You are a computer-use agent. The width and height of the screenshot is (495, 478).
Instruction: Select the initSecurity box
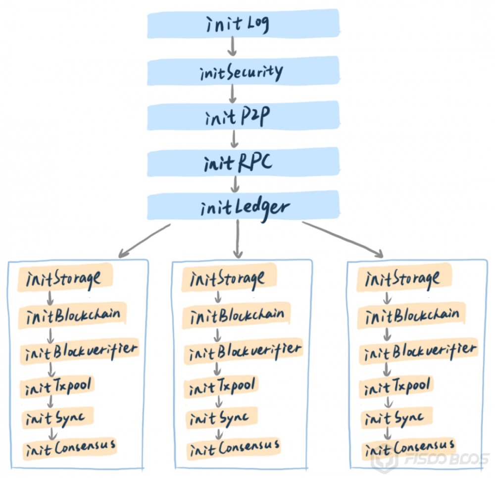tap(243, 72)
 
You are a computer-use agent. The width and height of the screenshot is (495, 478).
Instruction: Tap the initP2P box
tap(243, 117)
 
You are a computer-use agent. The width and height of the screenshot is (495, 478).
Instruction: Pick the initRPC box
tap(243, 161)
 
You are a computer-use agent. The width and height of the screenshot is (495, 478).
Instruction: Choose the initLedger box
tap(243, 206)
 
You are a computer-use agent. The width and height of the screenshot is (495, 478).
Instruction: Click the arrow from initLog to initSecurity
tap(233, 48)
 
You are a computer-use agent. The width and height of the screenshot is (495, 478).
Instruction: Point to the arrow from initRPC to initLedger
tap(236, 184)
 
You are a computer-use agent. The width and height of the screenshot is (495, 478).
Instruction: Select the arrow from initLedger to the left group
tap(144, 240)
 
